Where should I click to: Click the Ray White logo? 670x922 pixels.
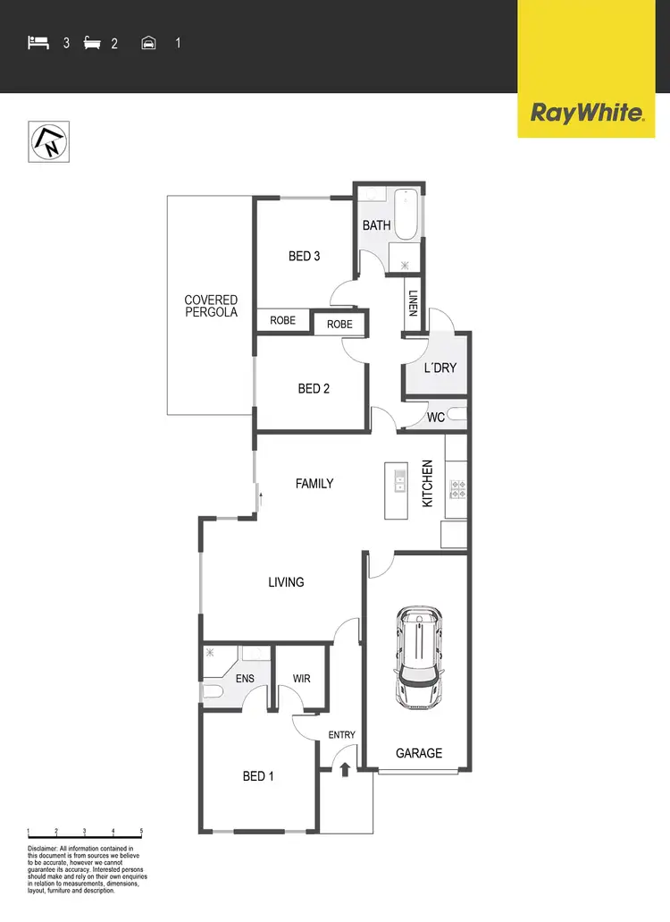pyautogui.click(x=587, y=114)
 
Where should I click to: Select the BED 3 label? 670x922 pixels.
pyautogui.click(x=304, y=257)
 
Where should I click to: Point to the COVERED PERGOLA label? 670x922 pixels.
pyautogui.click(x=211, y=307)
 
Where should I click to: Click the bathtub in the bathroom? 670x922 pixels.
pyautogui.click(x=407, y=216)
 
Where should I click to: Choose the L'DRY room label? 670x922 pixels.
pyautogui.click(x=440, y=368)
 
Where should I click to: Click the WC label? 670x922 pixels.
pyautogui.click(x=436, y=418)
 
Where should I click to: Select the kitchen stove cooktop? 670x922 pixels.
pyautogui.click(x=456, y=489)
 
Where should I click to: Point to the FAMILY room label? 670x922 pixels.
pyautogui.click(x=314, y=484)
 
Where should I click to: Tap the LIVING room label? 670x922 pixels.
pyautogui.click(x=286, y=582)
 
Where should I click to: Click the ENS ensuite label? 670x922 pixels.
pyautogui.click(x=245, y=679)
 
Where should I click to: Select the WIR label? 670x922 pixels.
pyautogui.click(x=302, y=679)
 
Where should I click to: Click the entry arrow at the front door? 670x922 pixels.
pyautogui.click(x=343, y=769)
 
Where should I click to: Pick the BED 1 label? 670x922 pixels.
pyautogui.click(x=258, y=776)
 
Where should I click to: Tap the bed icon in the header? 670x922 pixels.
pyautogui.click(x=38, y=42)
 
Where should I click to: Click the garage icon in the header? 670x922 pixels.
pyautogui.click(x=149, y=42)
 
